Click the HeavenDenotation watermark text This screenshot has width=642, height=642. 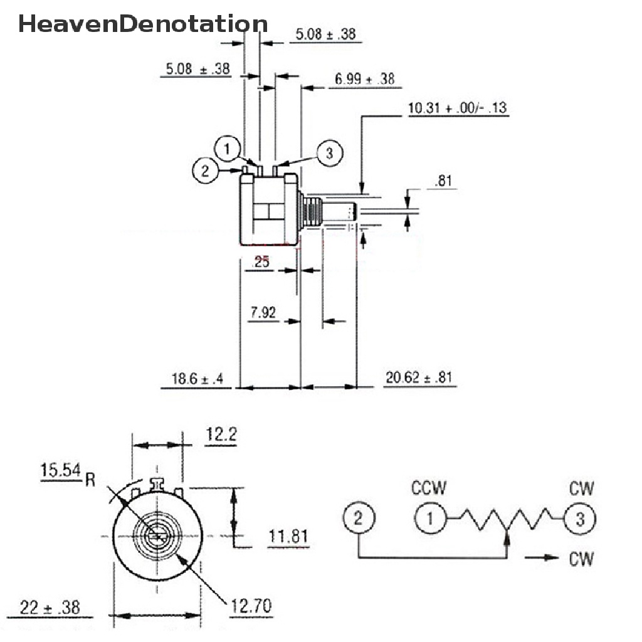pos(143,24)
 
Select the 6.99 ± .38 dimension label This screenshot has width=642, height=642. pos(364,78)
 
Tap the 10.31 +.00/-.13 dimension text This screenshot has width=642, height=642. pos(458,108)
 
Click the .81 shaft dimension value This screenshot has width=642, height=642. pos(445,181)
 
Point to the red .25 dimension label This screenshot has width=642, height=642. pos(261,261)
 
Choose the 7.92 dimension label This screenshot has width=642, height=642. pos(263,312)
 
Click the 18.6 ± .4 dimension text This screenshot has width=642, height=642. pos(197,378)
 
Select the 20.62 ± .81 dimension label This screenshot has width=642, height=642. pos(419,377)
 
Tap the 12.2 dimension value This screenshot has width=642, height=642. pos(221,434)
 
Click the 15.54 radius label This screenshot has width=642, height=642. pos(61,470)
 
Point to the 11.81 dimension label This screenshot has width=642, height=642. pos(288,536)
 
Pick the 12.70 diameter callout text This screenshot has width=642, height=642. pos(251,606)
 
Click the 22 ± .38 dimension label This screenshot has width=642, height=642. pos(50,607)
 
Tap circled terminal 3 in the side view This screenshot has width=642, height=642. pos(329,154)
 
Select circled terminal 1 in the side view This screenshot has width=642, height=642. pos(228,149)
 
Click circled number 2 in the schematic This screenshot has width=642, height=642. pos(358,518)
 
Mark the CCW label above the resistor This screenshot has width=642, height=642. pos(429,488)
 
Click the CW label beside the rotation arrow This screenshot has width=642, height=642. pos(581,559)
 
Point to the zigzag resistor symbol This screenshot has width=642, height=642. pos(506,518)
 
